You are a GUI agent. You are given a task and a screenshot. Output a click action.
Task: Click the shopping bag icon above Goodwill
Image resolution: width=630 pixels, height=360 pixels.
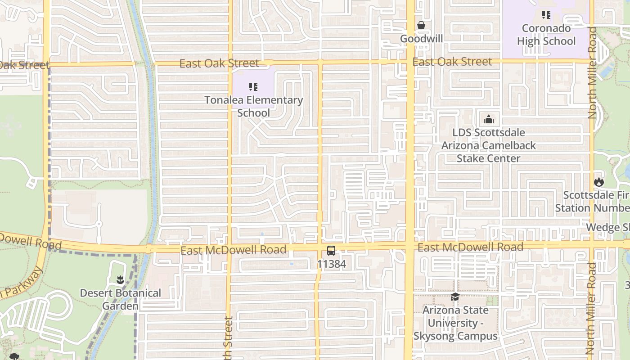click(421, 25)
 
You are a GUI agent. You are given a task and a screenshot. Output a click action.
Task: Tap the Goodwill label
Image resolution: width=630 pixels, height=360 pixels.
click(421, 39)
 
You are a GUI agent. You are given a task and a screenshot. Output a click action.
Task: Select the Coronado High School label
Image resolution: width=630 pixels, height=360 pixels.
click(546, 35)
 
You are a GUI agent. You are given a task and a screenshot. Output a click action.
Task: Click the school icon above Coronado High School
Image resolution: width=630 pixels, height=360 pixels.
click(546, 15)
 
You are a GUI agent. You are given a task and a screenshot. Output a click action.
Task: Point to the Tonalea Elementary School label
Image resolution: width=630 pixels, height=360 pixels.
click(253, 106)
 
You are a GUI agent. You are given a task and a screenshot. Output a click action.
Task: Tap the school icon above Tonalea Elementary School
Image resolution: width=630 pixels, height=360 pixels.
click(253, 86)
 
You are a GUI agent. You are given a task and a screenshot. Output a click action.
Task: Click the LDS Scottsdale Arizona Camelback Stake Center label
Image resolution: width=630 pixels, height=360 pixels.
click(488, 145)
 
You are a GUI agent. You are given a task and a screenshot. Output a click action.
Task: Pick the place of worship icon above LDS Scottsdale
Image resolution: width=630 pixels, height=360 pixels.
click(488, 119)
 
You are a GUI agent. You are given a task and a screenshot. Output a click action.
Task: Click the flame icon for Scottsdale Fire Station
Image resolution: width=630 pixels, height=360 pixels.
click(598, 182)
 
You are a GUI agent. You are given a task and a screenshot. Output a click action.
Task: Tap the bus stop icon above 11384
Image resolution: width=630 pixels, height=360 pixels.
click(331, 251)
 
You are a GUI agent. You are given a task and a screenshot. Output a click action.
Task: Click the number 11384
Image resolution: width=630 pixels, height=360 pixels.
click(332, 264)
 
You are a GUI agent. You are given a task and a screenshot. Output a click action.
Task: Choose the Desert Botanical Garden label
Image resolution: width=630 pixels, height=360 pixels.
click(120, 299)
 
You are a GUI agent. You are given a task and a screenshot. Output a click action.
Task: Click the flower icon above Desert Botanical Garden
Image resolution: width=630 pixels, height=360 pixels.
click(120, 280)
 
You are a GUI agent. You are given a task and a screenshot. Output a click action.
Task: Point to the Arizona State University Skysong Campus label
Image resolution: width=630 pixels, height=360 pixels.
click(455, 323)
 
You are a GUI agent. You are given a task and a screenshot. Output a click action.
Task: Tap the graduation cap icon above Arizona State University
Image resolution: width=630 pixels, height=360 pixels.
click(455, 297)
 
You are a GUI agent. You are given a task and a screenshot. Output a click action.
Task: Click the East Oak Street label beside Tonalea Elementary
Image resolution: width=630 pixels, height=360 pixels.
click(219, 63)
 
